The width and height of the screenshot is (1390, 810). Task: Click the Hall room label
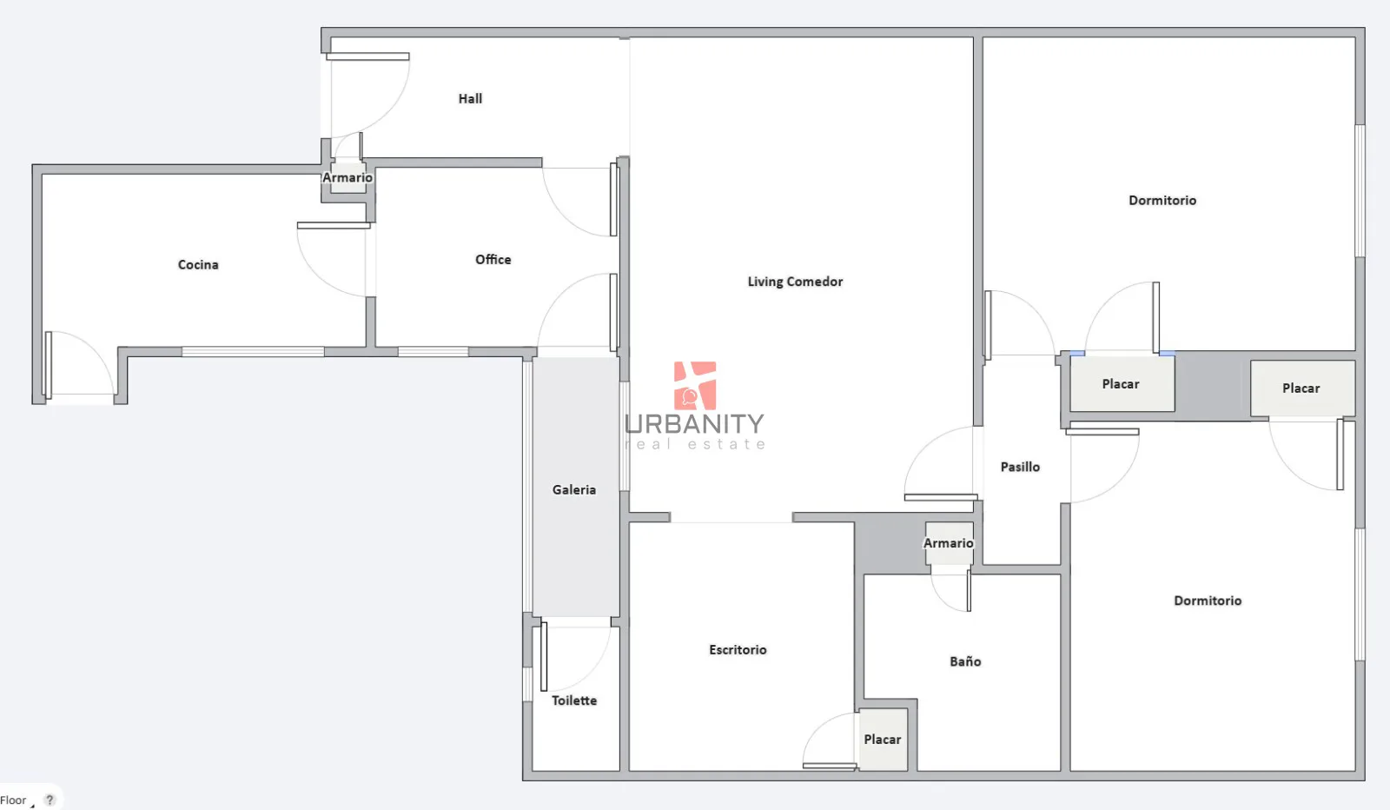pyautogui.click(x=470, y=99)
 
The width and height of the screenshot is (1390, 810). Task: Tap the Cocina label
pyautogui.click(x=198, y=264)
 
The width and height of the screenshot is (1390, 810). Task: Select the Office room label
pyautogui.click(x=493, y=260)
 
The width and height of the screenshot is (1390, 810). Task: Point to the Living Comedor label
pyautogui.click(x=795, y=282)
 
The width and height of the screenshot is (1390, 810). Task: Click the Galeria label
pyautogui.click(x=574, y=489)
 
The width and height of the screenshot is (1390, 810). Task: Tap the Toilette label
pyautogui.click(x=574, y=700)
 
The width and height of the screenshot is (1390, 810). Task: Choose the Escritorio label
pyautogui.click(x=738, y=650)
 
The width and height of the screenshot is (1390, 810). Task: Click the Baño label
pyautogui.click(x=965, y=661)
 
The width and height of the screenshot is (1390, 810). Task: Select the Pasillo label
pyautogui.click(x=1020, y=467)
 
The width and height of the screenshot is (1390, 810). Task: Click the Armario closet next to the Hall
pyautogui.click(x=347, y=177)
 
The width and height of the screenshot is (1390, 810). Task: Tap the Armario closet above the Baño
pyautogui.click(x=949, y=543)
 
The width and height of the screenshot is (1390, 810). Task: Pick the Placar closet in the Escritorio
pyautogui.click(x=883, y=740)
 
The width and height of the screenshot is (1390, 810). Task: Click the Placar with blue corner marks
pyautogui.click(x=1122, y=383)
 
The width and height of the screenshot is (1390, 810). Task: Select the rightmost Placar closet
pyautogui.click(x=1302, y=388)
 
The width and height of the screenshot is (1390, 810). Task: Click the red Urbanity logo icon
pyautogui.click(x=695, y=386)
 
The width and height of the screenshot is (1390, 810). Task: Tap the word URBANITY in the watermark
pyautogui.click(x=694, y=424)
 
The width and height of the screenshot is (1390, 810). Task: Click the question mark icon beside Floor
pyautogui.click(x=50, y=800)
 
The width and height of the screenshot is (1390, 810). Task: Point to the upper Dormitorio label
pyautogui.click(x=1162, y=201)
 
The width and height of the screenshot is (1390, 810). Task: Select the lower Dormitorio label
pyautogui.click(x=1208, y=601)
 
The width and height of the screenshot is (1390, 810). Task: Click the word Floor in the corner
pyautogui.click(x=13, y=800)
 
